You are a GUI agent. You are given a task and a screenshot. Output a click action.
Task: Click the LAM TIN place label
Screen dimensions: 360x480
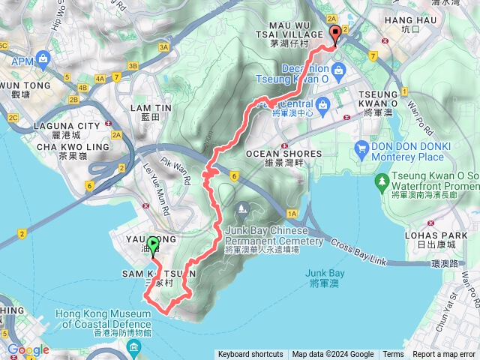tap(145, 108)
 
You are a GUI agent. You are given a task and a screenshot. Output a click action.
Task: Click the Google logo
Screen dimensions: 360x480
tap(28, 350)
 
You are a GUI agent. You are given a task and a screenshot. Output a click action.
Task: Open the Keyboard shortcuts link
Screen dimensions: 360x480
tap(250, 355)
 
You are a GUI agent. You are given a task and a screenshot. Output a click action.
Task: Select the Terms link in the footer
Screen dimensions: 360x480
tap(393, 355)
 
